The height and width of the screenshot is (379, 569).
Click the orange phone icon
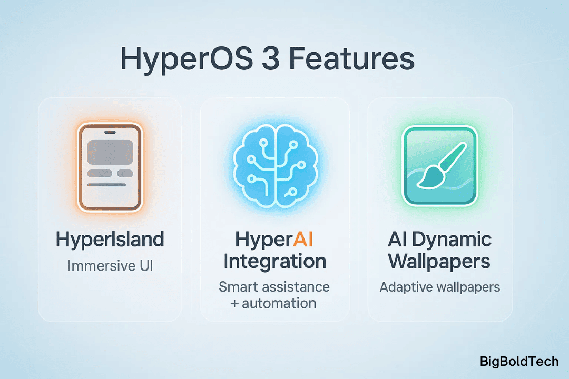[x=110, y=167]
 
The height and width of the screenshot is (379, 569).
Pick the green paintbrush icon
[x=439, y=166]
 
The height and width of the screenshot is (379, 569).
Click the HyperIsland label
[x=110, y=240]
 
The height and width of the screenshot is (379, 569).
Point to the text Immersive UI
[x=110, y=265]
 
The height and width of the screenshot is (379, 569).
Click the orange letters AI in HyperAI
[x=303, y=240]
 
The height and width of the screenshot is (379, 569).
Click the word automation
[x=279, y=303]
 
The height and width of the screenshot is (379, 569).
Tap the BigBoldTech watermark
[x=518, y=362]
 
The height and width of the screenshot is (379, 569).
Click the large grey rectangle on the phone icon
[x=110, y=153]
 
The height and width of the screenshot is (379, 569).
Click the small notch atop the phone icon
[x=110, y=132]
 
